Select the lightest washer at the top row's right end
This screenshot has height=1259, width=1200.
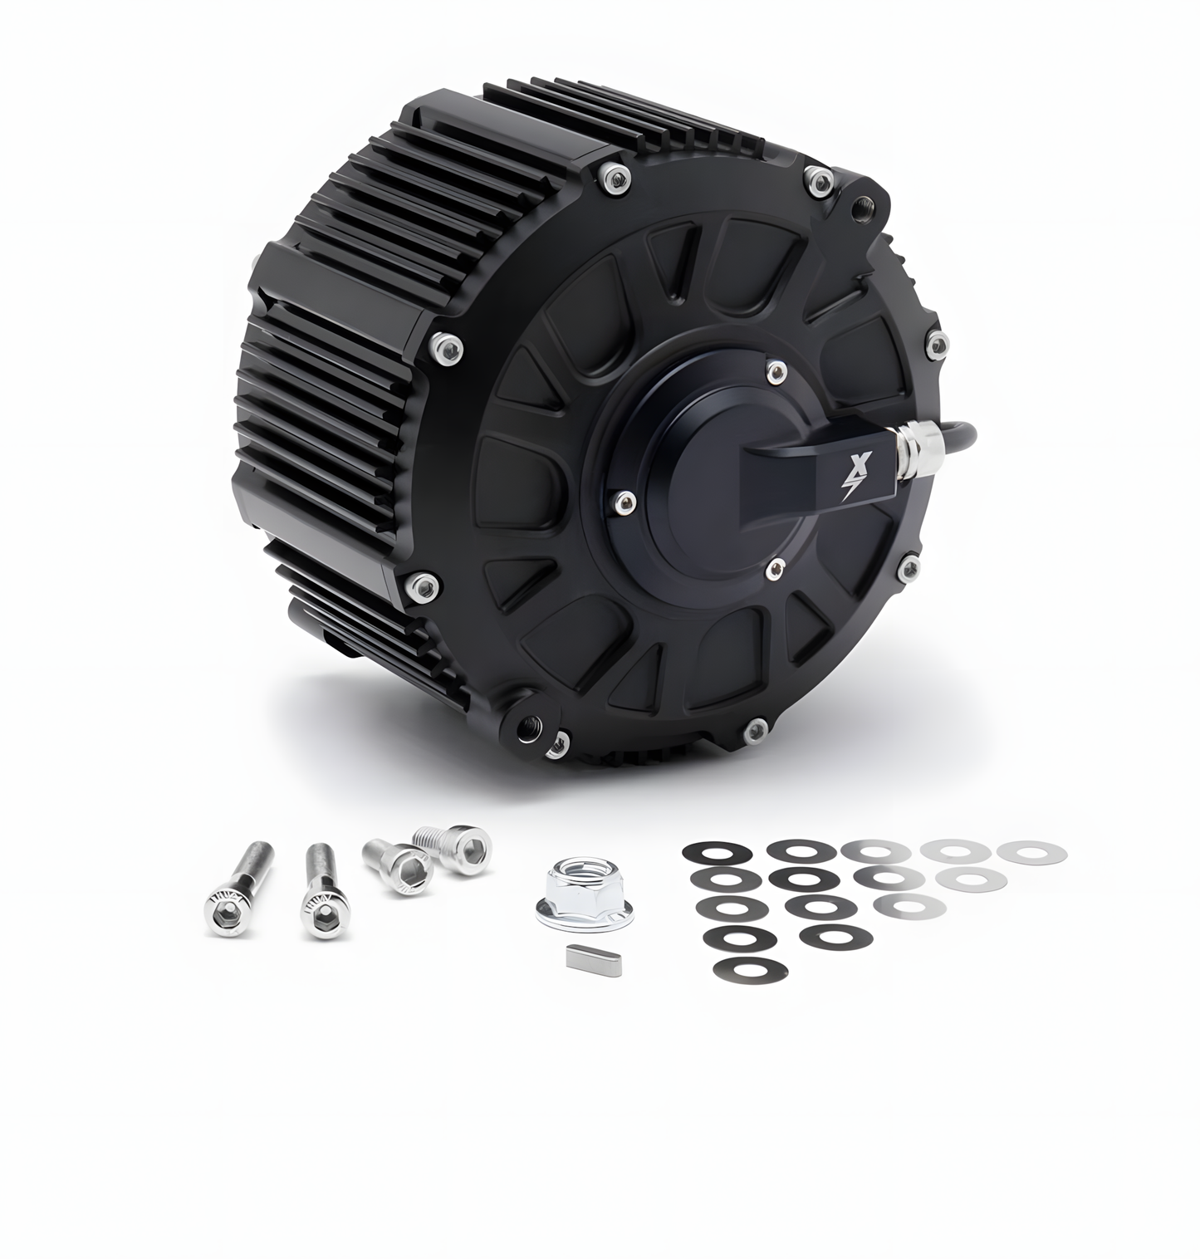(x=1033, y=850)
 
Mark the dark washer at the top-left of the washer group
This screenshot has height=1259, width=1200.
(x=715, y=852)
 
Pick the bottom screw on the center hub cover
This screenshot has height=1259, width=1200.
(x=775, y=566)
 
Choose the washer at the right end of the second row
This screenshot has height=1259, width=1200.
(x=972, y=878)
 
